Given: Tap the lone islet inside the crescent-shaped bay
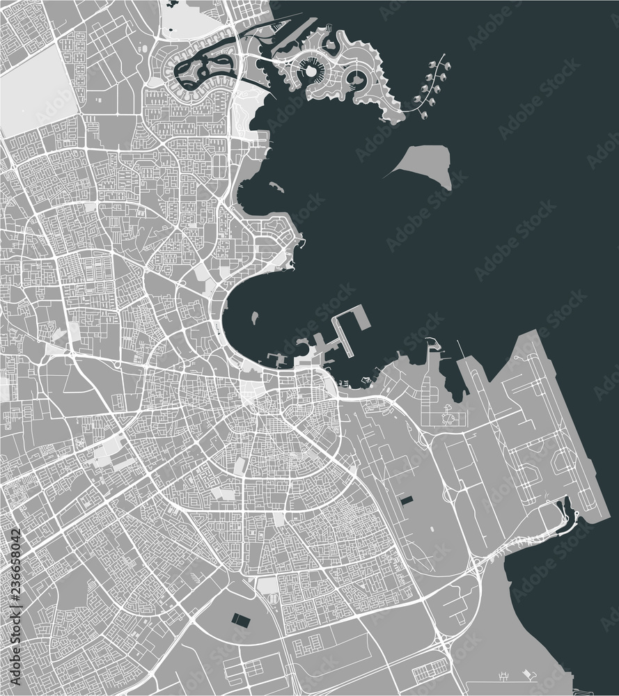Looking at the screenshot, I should (x=255, y=317).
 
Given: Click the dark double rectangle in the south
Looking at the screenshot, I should (x=241, y=618).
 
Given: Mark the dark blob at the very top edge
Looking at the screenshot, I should (x=172, y=4).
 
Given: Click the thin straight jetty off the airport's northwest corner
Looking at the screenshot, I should (x=460, y=348).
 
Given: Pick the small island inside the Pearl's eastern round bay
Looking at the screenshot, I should (x=357, y=77).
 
